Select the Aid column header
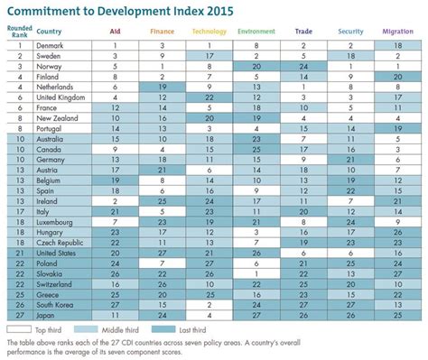[x=116, y=31]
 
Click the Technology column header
[x=209, y=31]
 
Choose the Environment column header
[x=256, y=31]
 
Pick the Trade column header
[x=303, y=31]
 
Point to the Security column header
[x=350, y=31]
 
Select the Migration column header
[x=397, y=31]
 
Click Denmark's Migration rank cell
[x=397, y=44]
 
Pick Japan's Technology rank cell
[x=209, y=315]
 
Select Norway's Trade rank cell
[x=303, y=65]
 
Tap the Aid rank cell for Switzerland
[x=116, y=283]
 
